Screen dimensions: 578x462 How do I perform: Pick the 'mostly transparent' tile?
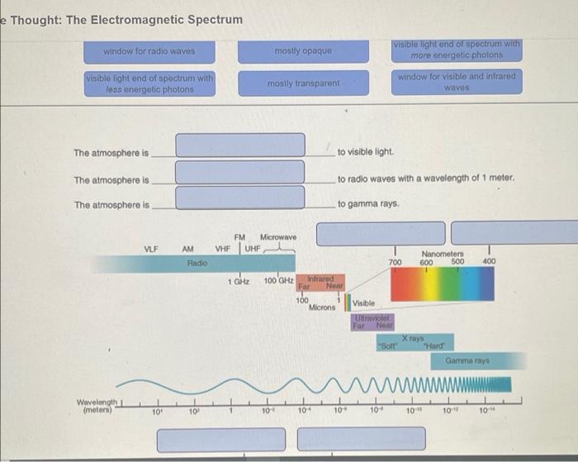[x=303, y=83]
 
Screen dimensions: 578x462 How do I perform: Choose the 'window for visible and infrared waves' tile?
[x=456, y=82]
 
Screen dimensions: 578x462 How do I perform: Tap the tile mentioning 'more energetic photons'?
[x=456, y=50]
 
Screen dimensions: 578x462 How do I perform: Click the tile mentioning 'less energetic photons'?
[x=149, y=83]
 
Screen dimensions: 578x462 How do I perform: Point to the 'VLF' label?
[x=151, y=248]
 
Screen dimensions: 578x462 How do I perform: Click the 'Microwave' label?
[x=278, y=237]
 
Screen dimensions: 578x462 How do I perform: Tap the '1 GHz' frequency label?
[x=239, y=283]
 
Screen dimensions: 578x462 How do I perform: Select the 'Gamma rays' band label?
[x=468, y=361]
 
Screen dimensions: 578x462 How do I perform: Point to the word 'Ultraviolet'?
[x=372, y=317]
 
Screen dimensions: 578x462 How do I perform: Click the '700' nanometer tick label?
[x=396, y=262]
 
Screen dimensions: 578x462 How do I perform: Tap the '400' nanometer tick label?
[x=489, y=262]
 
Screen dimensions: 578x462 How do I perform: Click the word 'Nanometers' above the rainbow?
[x=443, y=254]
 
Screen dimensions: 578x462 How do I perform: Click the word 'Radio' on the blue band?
[x=197, y=262]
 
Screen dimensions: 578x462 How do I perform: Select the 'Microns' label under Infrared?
[x=322, y=307]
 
